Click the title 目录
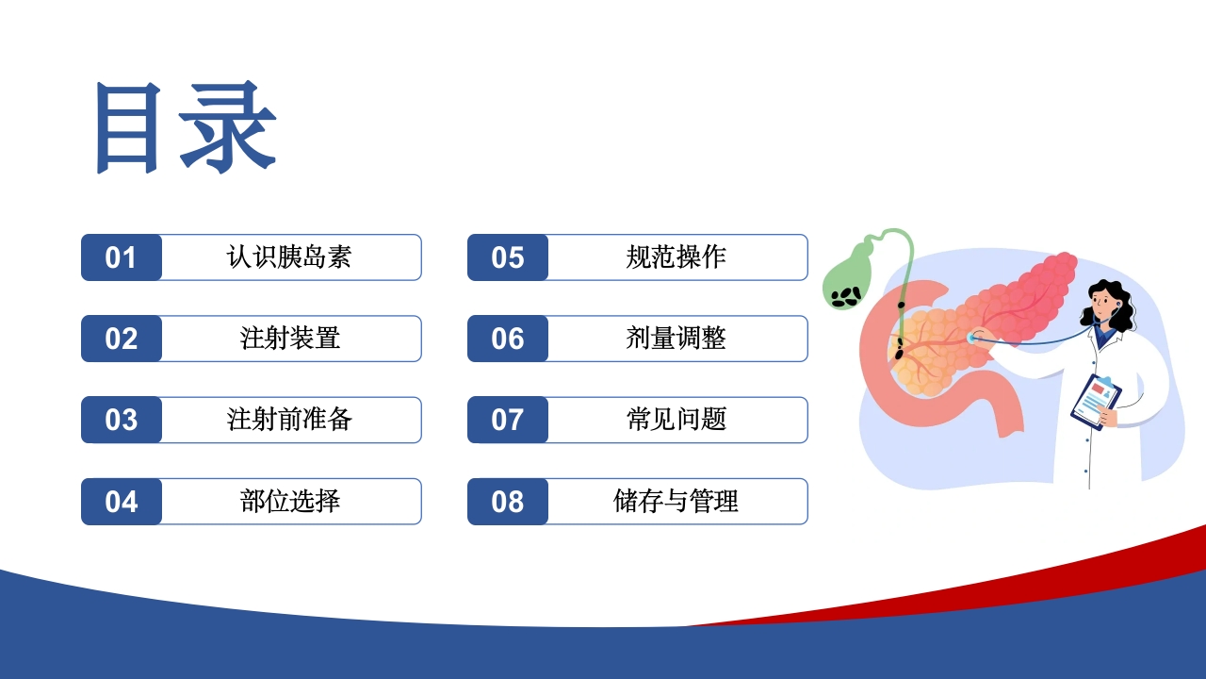tap(186, 127)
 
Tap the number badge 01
tap(122, 257)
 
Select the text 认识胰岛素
tap(289, 257)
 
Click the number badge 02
tap(122, 339)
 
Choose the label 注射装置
tap(289, 339)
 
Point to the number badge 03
tap(122, 420)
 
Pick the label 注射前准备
tap(289, 420)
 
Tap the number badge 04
tap(122, 502)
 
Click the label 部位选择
tap(289, 502)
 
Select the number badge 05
tap(508, 257)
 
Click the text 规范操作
tap(676, 257)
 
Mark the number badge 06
tap(508, 339)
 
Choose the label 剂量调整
tap(676, 339)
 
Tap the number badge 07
tap(508, 420)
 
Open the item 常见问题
tap(676, 420)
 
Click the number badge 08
tap(508, 502)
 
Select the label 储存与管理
tap(676, 502)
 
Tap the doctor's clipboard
tap(1093, 402)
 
